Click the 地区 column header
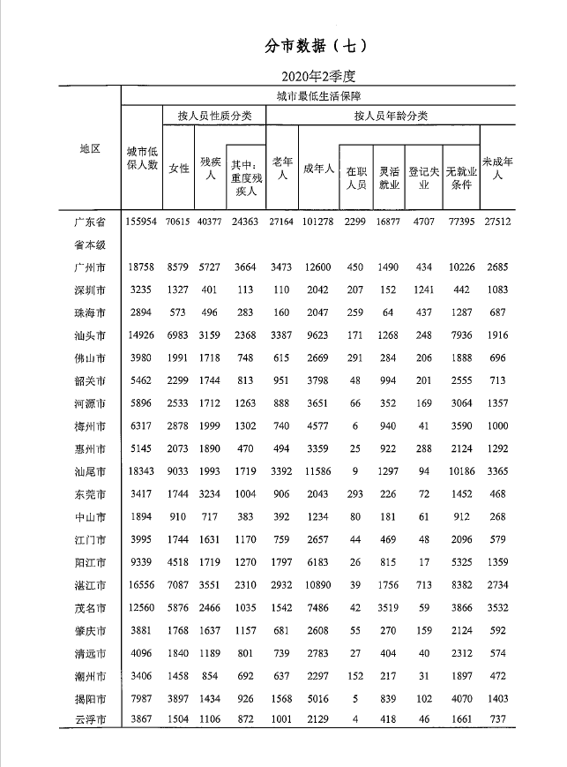[x=91, y=148]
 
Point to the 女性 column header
[x=179, y=169]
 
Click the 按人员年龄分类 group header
[x=390, y=117]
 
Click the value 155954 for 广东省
[x=142, y=221]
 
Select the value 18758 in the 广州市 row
[x=142, y=267]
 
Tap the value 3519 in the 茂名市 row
[x=389, y=607]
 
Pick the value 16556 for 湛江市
[x=142, y=584]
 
